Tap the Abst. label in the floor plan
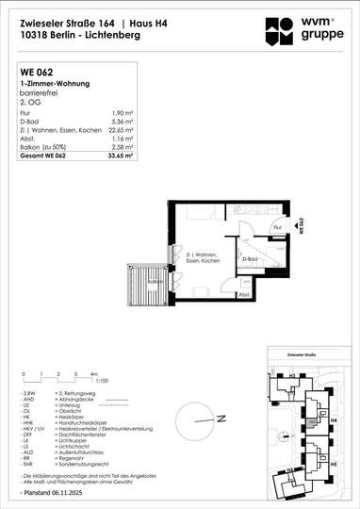coord(244,294)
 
